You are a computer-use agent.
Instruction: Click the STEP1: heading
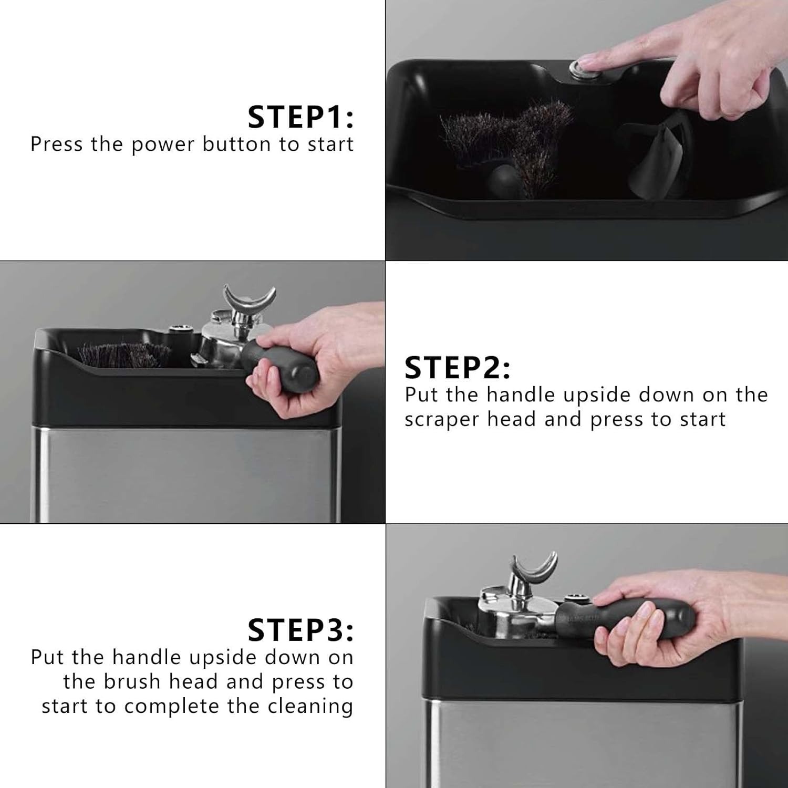(300, 117)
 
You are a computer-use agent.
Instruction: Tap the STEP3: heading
(300, 630)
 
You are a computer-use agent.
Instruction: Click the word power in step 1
(162, 144)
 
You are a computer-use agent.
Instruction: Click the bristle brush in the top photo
(504, 137)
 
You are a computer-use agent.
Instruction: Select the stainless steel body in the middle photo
(184, 473)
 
